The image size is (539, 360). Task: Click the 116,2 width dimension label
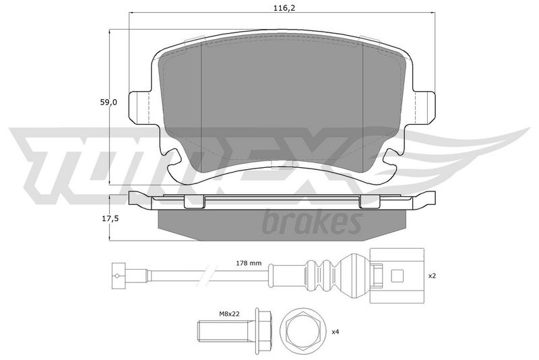tap(284, 9)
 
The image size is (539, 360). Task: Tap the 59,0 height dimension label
tap(108, 102)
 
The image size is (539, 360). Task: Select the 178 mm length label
tap(249, 264)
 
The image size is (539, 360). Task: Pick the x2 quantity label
tap(432, 276)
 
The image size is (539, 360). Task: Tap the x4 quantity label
tap(336, 332)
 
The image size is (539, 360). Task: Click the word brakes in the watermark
tap(312, 221)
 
